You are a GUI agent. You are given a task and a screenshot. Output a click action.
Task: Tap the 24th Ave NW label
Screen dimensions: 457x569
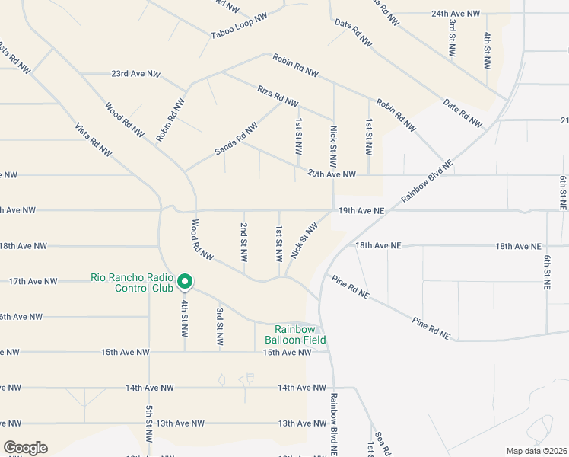click(456, 14)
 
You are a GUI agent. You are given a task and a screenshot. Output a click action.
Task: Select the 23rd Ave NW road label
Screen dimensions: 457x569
click(135, 75)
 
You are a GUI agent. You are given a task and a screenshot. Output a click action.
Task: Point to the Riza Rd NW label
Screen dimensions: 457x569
click(277, 96)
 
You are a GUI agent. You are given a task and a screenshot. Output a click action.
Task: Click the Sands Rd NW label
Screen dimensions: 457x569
click(237, 141)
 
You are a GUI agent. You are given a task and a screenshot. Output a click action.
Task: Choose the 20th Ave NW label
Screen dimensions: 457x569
click(332, 174)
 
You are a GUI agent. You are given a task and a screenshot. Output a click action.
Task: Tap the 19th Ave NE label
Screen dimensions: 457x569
click(361, 210)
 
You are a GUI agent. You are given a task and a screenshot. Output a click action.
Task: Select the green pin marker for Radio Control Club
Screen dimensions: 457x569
click(184, 283)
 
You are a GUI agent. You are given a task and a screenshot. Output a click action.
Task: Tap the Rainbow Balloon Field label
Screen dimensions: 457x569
click(295, 334)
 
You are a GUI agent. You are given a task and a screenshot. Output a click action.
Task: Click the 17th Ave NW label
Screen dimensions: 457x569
click(33, 281)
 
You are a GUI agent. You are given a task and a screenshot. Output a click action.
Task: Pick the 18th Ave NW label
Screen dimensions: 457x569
click(23, 246)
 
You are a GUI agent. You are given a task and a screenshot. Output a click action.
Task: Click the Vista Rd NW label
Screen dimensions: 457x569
click(93, 139)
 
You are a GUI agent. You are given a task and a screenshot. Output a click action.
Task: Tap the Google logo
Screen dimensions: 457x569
click(25, 448)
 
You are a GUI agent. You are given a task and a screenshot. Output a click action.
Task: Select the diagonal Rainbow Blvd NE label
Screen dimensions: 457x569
click(427, 181)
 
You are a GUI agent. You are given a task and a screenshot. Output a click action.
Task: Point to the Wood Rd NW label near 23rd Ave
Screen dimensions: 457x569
click(125, 120)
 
